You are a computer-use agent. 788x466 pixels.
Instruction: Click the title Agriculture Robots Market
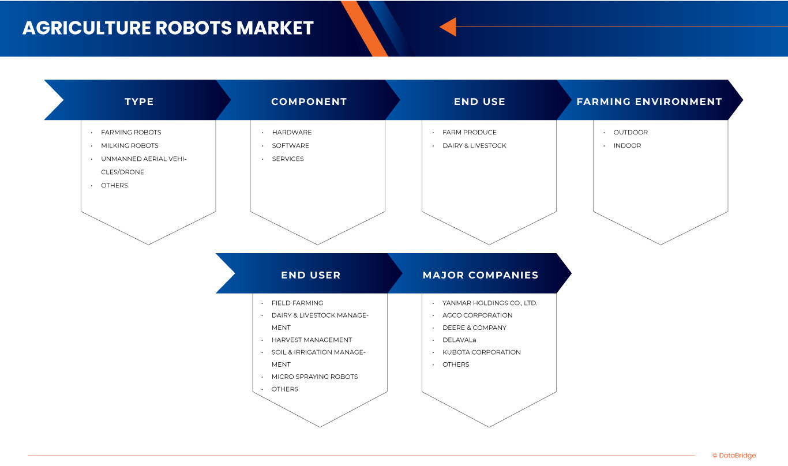click(x=168, y=28)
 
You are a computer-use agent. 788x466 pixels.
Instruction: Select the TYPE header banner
click(x=139, y=102)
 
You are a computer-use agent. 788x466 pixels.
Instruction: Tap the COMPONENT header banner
click(x=309, y=102)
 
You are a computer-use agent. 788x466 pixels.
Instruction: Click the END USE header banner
click(x=479, y=102)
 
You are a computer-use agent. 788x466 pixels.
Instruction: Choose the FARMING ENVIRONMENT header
click(x=649, y=102)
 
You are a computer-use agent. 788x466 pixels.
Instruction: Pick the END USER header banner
click(x=310, y=275)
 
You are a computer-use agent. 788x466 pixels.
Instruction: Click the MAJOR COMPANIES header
click(x=480, y=275)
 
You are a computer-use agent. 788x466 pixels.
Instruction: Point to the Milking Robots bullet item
click(x=129, y=145)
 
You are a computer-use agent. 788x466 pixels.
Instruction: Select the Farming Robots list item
click(x=131, y=132)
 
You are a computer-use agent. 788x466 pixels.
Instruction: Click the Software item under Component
click(x=290, y=145)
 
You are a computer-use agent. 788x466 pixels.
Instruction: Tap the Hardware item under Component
click(x=291, y=132)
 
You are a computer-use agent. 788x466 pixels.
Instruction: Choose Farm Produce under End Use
click(x=469, y=132)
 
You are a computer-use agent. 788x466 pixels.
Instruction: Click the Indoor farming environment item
click(x=627, y=145)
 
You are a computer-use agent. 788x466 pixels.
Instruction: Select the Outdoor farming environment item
click(x=631, y=132)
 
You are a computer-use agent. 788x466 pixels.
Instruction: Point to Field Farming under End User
click(x=297, y=303)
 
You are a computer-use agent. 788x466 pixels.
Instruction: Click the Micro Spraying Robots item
click(x=314, y=377)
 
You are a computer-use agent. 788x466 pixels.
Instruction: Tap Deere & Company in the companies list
click(x=474, y=328)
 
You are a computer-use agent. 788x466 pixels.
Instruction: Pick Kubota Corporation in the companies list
click(x=481, y=352)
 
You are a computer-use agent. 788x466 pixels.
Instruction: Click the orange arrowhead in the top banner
click(x=448, y=27)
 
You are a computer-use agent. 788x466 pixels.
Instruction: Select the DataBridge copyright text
click(x=734, y=456)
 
